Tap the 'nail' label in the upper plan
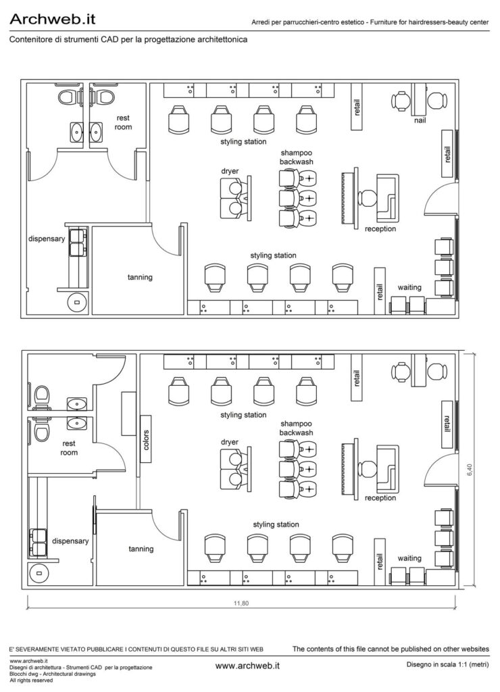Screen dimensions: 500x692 tap(420, 120)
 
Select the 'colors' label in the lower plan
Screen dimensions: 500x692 tap(146, 440)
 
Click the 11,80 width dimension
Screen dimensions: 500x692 tap(241, 603)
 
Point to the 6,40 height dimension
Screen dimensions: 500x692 tap(470, 469)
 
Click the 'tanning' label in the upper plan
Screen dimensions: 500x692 tap(140, 277)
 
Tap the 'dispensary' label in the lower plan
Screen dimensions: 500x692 tap(70, 541)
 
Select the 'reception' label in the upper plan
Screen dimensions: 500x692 tap(380, 229)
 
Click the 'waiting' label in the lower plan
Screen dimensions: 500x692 tap(409, 558)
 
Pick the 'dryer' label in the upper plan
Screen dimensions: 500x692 tap(230, 171)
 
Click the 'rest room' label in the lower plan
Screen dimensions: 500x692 tap(69, 448)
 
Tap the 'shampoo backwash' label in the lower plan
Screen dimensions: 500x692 tap(296, 428)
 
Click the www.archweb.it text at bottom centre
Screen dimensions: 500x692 tap(247, 666)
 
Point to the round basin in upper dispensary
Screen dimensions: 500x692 tap(77, 303)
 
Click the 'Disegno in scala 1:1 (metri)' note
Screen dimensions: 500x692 tap(447, 665)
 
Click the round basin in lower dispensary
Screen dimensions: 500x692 tap(39, 573)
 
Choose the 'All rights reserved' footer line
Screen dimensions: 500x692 tap(31, 681)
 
